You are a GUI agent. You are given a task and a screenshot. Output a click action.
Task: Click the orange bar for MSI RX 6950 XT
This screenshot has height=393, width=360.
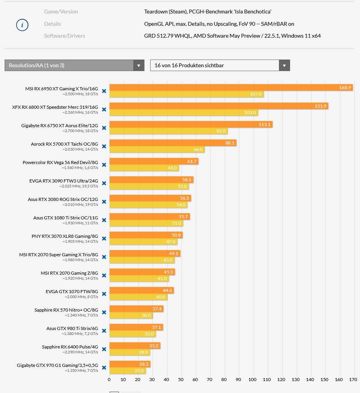point(231,88)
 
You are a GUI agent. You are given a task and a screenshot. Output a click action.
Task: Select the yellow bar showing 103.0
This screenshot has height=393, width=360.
point(184,113)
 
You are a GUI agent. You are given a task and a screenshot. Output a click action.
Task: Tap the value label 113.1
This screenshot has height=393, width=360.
point(264,124)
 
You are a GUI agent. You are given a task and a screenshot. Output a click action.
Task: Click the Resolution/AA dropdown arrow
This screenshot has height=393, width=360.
point(139,65)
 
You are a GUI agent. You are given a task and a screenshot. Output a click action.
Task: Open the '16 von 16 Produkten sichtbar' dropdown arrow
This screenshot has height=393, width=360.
point(284,65)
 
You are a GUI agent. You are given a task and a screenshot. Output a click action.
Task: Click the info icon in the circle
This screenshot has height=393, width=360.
point(22,25)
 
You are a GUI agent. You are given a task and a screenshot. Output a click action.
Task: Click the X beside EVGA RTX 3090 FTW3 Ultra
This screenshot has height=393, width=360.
point(104,183)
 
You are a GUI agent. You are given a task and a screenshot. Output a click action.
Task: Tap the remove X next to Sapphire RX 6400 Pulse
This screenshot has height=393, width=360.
point(104,349)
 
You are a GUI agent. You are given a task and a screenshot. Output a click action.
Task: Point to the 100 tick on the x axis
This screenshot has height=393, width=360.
point(253,380)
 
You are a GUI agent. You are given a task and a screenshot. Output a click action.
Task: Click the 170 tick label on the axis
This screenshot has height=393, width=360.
point(353,380)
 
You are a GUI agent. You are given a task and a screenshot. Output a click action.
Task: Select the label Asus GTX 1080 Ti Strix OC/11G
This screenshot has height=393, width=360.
point(65,218)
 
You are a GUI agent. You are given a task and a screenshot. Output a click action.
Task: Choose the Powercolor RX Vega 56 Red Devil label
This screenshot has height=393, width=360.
point(60,163)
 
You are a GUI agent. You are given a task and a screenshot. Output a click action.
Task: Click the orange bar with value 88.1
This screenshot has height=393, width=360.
point(173,143)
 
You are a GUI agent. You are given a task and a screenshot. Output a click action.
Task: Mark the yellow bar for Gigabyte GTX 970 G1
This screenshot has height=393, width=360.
point(128,371)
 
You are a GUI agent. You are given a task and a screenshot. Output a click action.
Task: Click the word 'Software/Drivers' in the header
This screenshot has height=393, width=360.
point(65,36)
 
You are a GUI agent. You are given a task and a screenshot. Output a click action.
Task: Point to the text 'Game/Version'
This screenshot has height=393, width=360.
point(61,12)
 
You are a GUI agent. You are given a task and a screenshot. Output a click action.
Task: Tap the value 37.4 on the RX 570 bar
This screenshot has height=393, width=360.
point(157,309)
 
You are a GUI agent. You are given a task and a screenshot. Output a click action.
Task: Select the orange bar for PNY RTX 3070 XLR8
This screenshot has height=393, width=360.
point(146,235)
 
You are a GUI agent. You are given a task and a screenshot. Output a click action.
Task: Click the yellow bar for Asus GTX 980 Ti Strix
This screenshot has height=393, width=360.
point(132,334)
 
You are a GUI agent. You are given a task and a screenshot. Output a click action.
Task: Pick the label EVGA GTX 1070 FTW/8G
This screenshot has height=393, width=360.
point(71,292)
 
